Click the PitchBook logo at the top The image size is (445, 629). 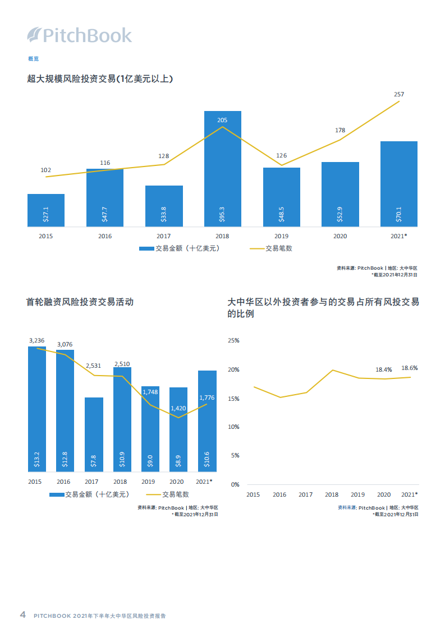80,35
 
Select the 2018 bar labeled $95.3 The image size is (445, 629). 222,168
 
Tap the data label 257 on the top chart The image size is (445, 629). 399,94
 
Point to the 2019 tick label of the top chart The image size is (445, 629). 281,237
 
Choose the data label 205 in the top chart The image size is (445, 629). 222,120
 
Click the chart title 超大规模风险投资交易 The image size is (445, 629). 100,79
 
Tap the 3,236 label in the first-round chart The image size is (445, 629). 37,340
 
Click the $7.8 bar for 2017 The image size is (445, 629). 94,434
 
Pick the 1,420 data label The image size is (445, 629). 178,409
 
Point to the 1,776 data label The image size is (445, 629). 207,397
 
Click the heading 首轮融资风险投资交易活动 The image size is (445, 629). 80,302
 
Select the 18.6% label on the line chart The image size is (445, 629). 409,368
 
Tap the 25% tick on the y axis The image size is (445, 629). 233,341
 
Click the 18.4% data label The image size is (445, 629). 383,369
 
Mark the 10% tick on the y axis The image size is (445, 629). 233,427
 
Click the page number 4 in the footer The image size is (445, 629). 22,614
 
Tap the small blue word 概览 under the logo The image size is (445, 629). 33,59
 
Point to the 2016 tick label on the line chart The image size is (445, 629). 279,494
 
